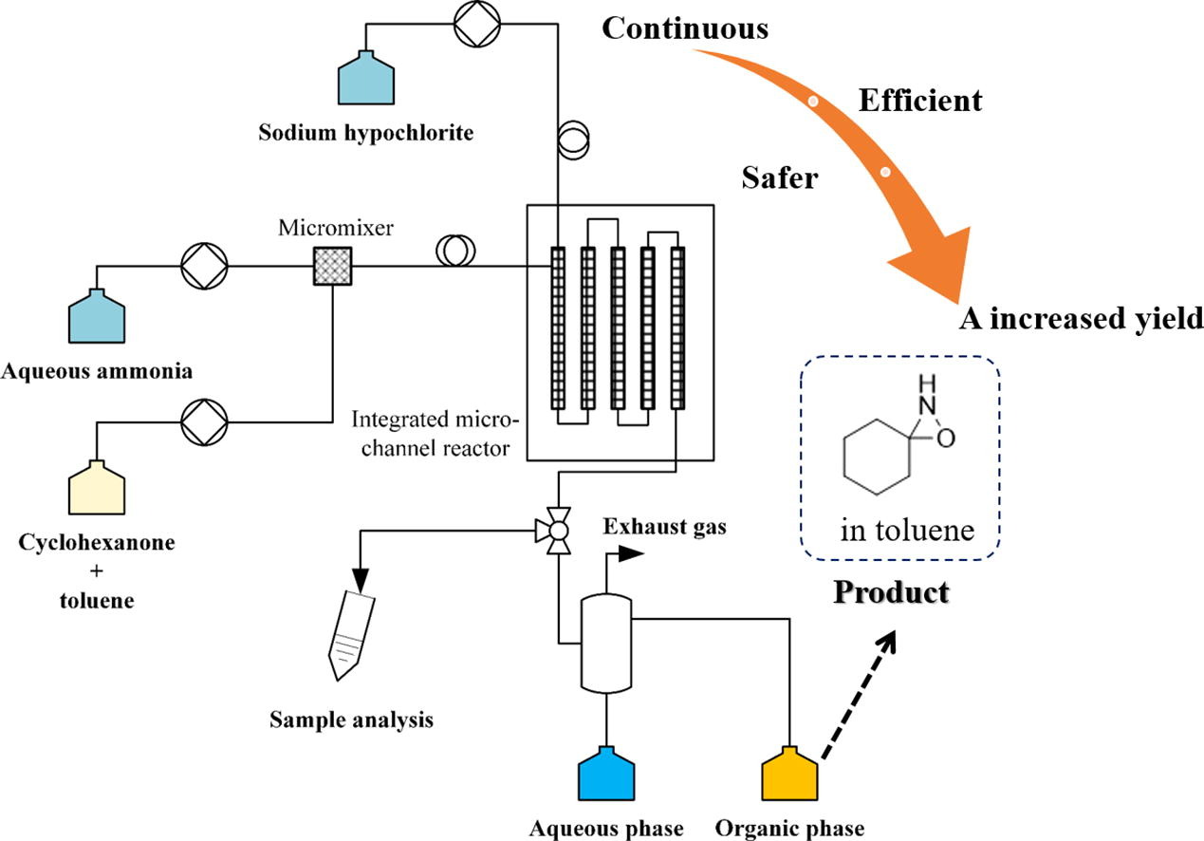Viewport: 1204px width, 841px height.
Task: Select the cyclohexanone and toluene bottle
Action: click(x=97, y=488)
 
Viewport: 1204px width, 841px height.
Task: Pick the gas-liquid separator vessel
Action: click(x=606, y=644)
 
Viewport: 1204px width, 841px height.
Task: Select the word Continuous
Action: click(x=685, y=28)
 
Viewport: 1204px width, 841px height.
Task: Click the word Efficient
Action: click(x=920, y=100)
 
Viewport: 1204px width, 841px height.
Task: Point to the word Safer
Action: click(x=780, y=177)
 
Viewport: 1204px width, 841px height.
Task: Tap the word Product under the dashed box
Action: click(x=892, y=593)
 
